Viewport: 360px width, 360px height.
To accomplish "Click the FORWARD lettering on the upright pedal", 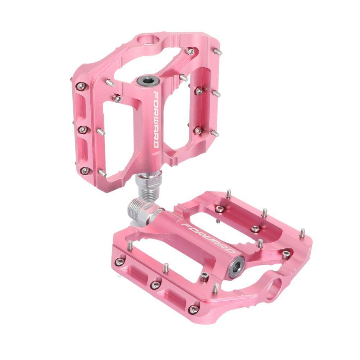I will (x=156, y=119).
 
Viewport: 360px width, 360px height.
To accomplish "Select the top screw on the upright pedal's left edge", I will (x=82, y=86).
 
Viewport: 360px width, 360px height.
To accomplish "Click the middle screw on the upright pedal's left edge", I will (x=83, y=129).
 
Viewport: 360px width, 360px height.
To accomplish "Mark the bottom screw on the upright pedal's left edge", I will (x=85, y=171).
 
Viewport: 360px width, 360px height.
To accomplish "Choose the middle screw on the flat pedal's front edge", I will (x=155, y=285).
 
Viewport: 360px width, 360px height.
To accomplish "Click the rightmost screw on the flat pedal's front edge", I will (x=193, y=309).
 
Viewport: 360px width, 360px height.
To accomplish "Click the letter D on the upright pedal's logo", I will (x=156, y=143).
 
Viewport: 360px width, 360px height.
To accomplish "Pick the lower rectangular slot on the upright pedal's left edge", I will (x=83, y=149).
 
